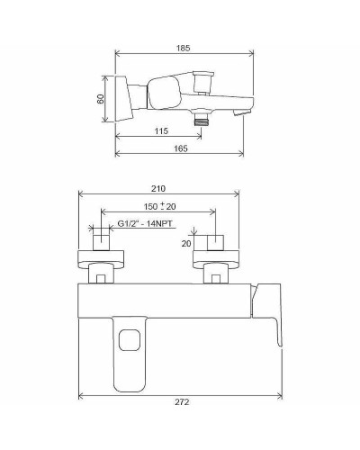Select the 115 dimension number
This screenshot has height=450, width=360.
click(161, 131)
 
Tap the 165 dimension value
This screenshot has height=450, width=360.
click(180, 148)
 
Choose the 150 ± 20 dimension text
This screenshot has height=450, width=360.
click(158, 206)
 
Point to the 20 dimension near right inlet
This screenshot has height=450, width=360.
click(187, 243)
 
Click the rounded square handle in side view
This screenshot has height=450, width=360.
click(162, 94)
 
